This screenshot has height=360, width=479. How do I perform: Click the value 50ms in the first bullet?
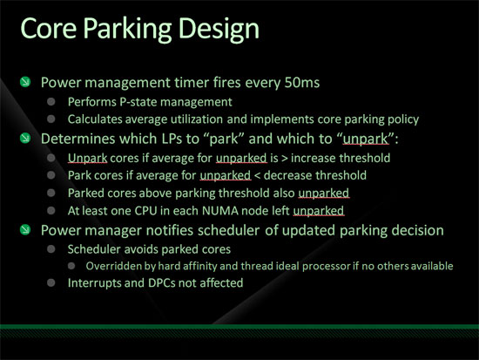[x=302, y=82]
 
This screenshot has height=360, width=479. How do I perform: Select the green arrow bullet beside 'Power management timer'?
[x=25, y=82]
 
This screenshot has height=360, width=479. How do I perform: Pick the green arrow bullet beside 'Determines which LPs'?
[x=25, y=138]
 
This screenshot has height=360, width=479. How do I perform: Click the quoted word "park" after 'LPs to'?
[x=226, y=139]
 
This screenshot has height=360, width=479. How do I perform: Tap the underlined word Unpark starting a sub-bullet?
[x=87, y=158]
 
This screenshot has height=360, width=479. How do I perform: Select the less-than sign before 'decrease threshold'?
[x=257, y=176]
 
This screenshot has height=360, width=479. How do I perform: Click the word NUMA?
[x=219, y=211]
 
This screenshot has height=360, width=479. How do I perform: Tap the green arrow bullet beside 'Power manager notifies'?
[x=25, y=229]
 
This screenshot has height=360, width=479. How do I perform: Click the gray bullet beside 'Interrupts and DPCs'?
[x=51, y=282]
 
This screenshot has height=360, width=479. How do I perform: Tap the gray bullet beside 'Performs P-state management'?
[x=51, y=101]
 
